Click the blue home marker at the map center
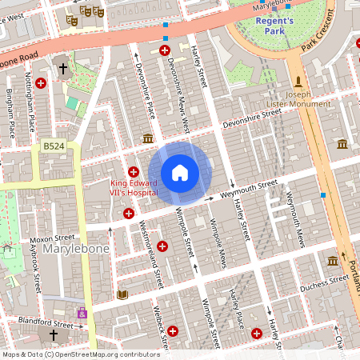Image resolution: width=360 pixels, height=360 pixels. [x=180, y=172]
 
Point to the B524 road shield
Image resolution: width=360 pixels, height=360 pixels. [x=53, y=146]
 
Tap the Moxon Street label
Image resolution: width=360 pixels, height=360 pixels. [x=53, y=238]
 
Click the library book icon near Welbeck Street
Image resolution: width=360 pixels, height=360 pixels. [x=122, y=295]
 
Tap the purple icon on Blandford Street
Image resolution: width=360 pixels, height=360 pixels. [x=82, y=313]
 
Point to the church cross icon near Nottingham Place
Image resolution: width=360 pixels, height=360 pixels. [x=62, y=70]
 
